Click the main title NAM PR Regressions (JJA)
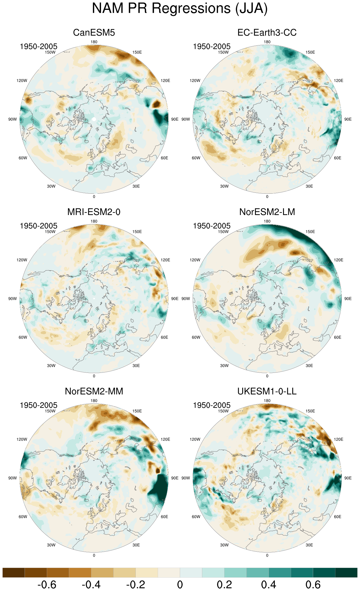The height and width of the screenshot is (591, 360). click(x=180, y=8)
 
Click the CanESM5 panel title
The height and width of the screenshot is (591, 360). click(x=94, y=32)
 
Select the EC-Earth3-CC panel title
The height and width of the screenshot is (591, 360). click(x=267, y=32)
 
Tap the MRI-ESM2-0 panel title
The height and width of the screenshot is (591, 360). click(x=94, y=212)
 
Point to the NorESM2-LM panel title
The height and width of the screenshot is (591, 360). click(x=267, y=212)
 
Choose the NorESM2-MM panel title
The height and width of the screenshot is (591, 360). click(x=94, y=391)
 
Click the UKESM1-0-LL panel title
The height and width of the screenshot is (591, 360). click(x=267, y=391)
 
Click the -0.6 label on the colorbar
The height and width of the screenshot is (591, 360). click(x=47, y=585)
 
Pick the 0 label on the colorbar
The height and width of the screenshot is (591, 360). click(x=180, y=585)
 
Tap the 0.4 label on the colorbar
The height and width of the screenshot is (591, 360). click(x=269, y=585)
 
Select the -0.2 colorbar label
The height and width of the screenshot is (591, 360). click(x=135, y=585)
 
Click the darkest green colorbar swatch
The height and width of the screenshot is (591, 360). click(x=346, y=573)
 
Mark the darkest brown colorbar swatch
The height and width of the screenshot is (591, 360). click(x=14, y=573)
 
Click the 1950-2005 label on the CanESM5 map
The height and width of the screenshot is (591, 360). click(x=38, y=46)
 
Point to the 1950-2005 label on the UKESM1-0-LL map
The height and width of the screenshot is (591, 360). click(x=212, y=405)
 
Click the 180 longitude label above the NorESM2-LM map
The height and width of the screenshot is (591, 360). click(x=267, y=221)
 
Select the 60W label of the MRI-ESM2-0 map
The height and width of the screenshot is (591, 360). click(x=23, y=337)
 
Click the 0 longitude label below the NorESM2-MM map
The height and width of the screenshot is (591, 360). click(x=94, y=555)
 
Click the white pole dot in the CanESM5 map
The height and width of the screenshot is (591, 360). click(x=94, y=119)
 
